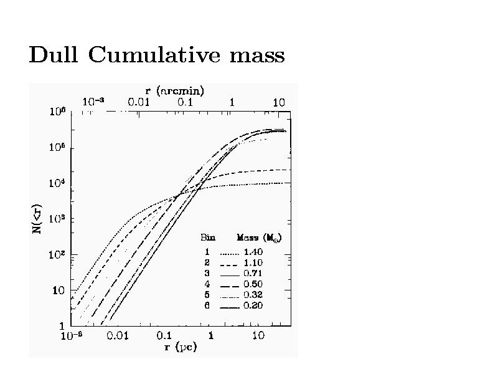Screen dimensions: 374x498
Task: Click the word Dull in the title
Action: pos(54,55)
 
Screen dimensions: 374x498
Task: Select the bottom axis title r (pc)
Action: pos(181,347)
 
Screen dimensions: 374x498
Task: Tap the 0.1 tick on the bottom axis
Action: pos(166,336)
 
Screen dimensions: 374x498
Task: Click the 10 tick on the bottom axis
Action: pos(258,336)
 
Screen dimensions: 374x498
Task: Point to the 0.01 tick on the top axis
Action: pos(138,102)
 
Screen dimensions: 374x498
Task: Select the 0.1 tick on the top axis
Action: pos(185,102)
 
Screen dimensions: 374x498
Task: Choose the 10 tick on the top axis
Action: pos(278,102)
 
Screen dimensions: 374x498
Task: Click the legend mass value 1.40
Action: pos(253,252)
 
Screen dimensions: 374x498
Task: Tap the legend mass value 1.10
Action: pos(253,263)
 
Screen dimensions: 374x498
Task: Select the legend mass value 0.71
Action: pos(253,274)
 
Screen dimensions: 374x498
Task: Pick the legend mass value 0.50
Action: pos(253,284)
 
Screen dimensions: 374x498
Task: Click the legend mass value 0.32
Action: pos(253,295)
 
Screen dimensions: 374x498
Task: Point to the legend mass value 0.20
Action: pos(253,305)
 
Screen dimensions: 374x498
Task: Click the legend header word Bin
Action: pos(207,237)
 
